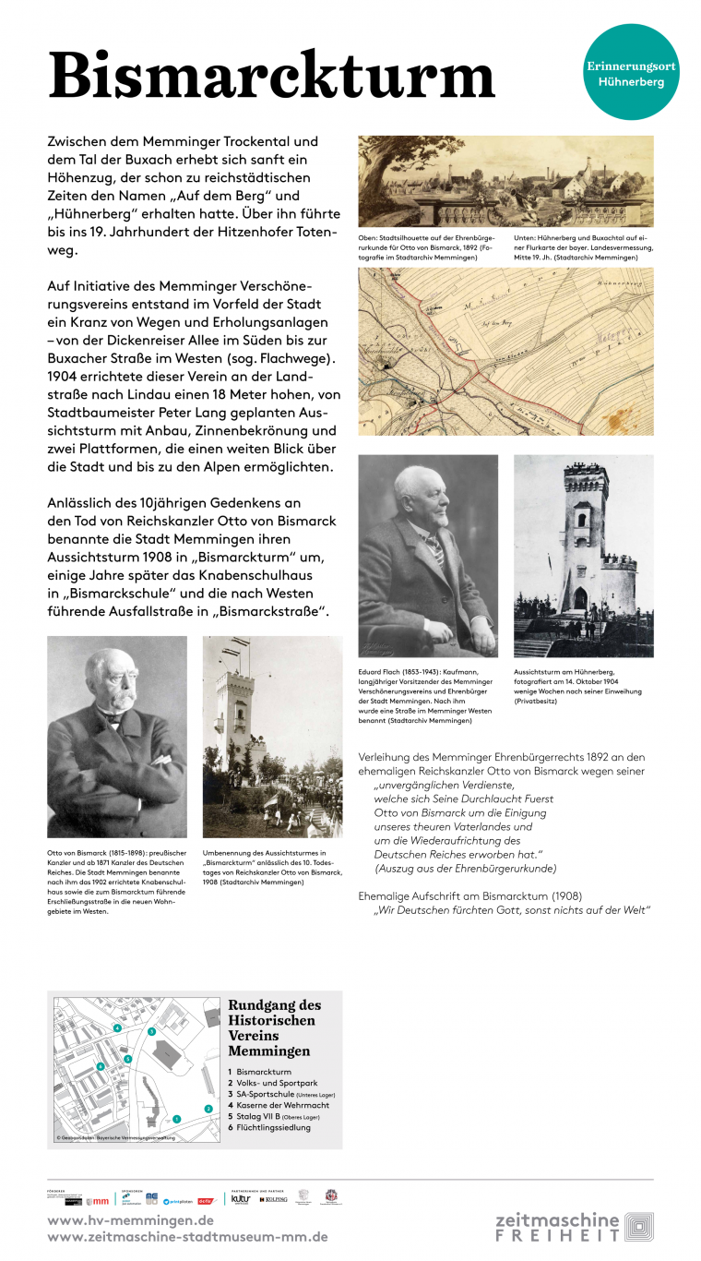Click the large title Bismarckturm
pyautogui.click(x=271, y=76)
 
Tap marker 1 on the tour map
pyautogui.click(x=176, y=1118)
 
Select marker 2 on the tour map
pyautogui.click(x=208, y=1108)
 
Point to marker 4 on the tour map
pyautogui.click(x=117, y=1027)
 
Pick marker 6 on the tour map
pyautogui.click(x=100, y=1066)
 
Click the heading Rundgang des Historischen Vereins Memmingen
pyautogui.click(x=274, y=1027)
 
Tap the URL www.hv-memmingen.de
pyautogui.click(x=130, y=1220)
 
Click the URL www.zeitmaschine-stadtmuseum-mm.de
pyautogui.click(x=187, y=1237)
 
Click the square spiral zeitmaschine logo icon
pyautogui.click(x=638, y=1227)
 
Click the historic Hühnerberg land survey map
pyautogui.click(x=505, y=351)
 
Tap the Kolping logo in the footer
pyautogui.click(x=274, y=1199)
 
